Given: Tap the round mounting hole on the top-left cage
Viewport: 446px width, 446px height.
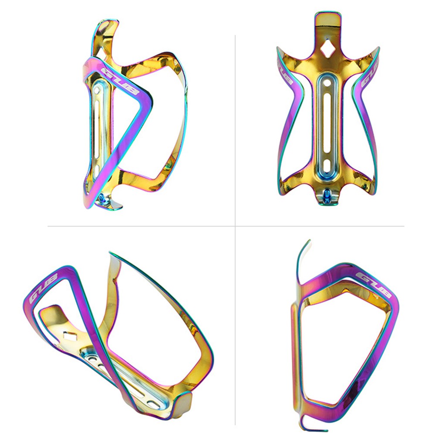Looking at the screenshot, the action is (x=97, y=90).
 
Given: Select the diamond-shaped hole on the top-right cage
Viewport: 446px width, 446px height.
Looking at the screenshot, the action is (x=327, y=47).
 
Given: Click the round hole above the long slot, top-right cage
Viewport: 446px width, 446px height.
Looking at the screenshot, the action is (x=327, y=83).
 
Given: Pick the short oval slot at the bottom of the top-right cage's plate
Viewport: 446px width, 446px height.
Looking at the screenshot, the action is (x=327, y=164).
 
